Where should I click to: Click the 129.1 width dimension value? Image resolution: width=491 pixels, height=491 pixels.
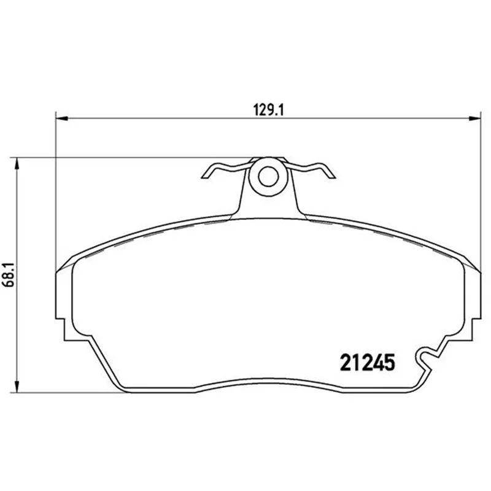point(268,110)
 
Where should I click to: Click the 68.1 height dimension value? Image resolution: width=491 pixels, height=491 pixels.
point(8,274)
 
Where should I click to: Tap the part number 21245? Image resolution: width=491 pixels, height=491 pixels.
point(367,363)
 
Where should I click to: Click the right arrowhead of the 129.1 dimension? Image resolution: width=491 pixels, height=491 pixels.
point(474,118)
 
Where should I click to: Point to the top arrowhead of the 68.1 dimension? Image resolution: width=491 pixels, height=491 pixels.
point(17,163)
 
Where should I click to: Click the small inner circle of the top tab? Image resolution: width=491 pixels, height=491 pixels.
point(268,176)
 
